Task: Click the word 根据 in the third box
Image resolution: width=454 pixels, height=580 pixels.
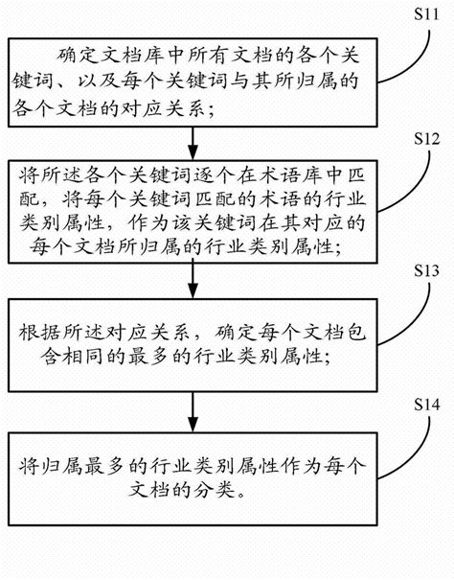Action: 34,336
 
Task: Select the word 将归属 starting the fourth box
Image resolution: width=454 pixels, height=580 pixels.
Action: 46,473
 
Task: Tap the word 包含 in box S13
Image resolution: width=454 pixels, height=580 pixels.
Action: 340,336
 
